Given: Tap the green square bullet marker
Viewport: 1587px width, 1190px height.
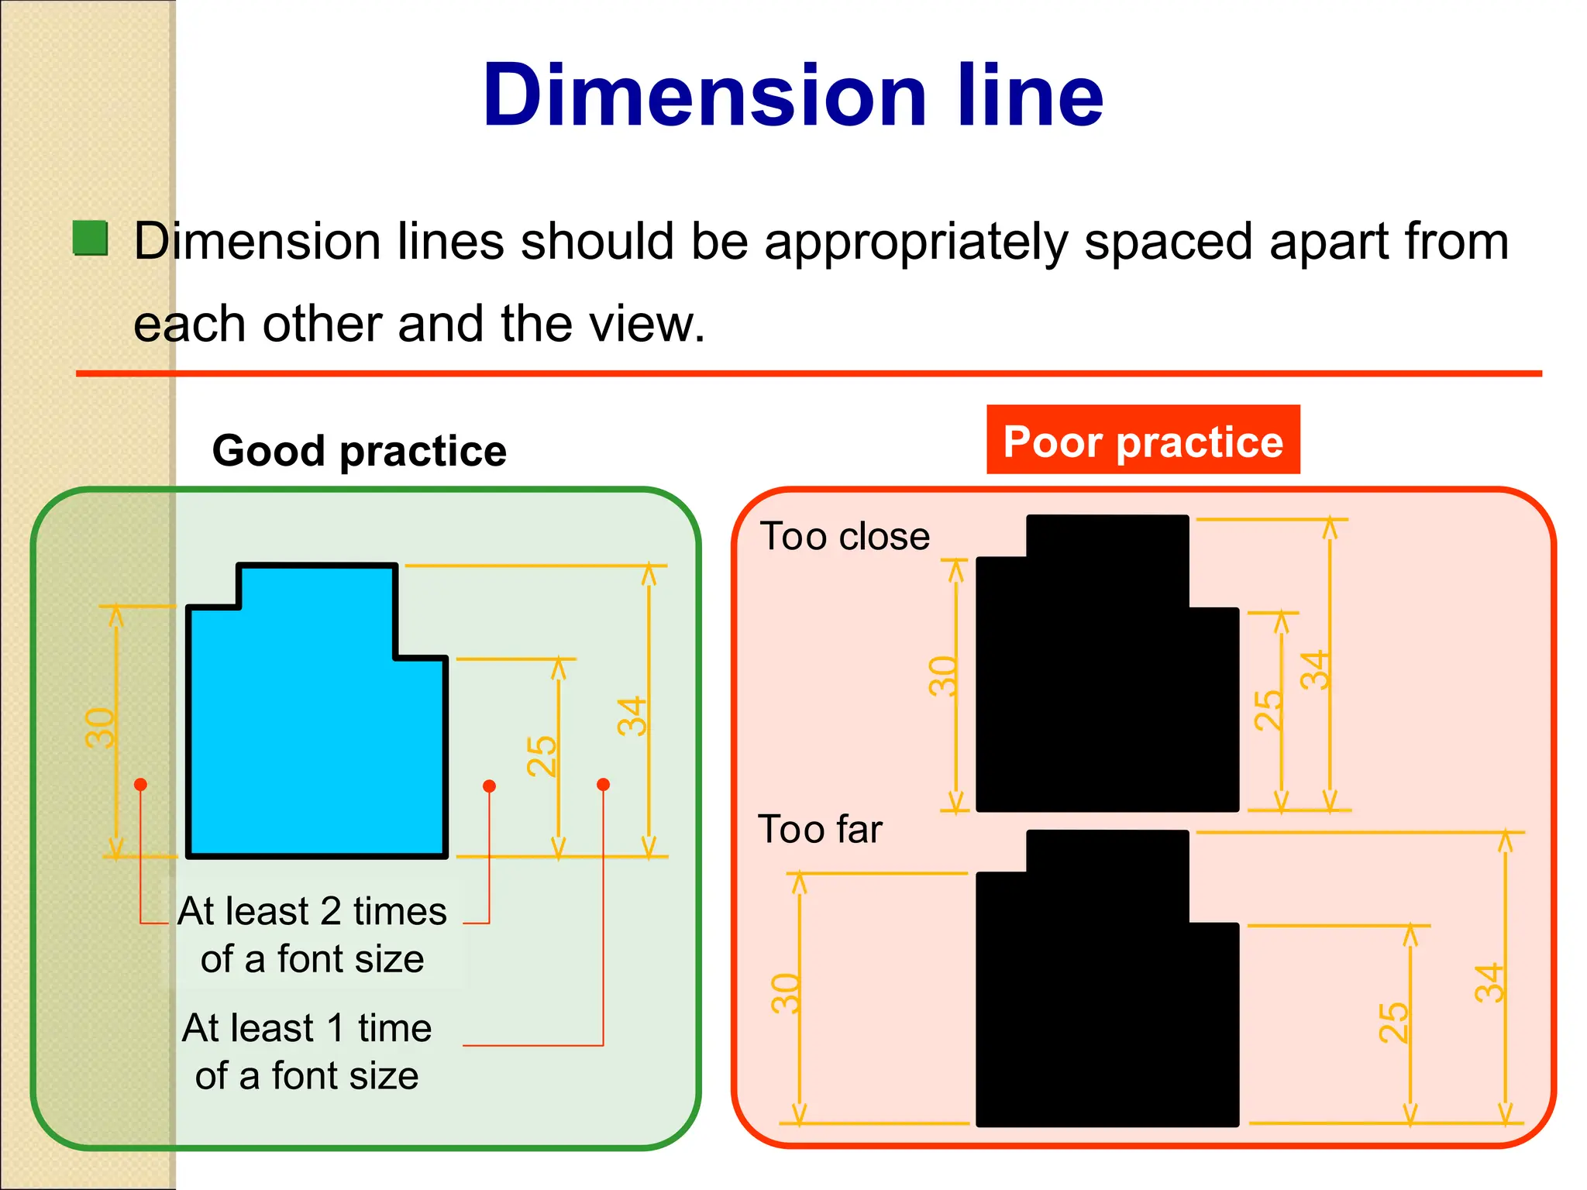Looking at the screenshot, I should pyautogui.click(x=91, y=238).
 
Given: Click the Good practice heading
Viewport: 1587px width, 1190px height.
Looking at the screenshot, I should pyautogui.click(x=359, y=451).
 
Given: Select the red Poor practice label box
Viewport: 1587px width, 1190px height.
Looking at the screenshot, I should pyautogui.click(x=1143, y=440).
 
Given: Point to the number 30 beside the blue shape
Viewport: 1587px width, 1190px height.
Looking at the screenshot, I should pyautogui.click(x=100, y=727).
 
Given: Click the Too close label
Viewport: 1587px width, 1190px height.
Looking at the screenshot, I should pyautogui.click(x=845, y=536).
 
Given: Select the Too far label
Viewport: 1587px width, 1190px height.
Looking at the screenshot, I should pyautogui.click(x=820, y=829).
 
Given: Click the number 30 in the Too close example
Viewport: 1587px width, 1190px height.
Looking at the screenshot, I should pyautogui.click(x=943, y=676).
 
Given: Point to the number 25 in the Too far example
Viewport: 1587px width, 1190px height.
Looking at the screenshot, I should pyautogui.click(x=1393, y=1022).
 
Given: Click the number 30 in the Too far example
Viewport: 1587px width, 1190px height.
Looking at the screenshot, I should pyautogui.click(x=785, y=994).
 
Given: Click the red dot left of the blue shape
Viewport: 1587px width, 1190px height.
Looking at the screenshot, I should pyautogui.click(x=140, y=785).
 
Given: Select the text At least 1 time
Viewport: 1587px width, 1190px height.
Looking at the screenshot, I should pyautogui.click(x=307, y=1028).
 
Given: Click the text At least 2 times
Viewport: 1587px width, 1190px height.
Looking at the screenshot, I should pyautogui.click(x=312, y=911).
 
